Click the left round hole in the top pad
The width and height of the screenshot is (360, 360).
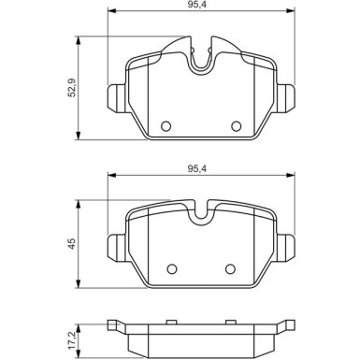click(166, 126)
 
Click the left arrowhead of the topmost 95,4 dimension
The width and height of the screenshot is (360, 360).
click(110, 14)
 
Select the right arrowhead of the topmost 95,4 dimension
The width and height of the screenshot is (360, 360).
click(290, 14)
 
